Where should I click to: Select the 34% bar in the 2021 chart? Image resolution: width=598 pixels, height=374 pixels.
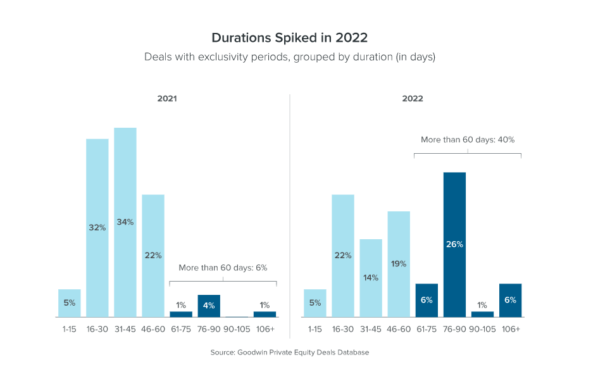point(125,222)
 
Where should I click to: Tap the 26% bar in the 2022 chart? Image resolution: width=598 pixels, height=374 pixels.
point(454,244)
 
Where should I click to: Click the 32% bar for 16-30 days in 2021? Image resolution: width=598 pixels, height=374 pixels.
point(97,228)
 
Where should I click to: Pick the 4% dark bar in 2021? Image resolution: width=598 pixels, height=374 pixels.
point(209,306)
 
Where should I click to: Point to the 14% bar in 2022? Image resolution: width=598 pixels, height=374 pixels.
point(371,278)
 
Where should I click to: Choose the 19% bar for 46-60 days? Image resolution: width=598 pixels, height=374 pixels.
point(399,264)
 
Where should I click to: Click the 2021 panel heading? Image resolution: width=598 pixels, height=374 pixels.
point(167,99)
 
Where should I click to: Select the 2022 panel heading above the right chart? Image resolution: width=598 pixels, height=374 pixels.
point(413,99)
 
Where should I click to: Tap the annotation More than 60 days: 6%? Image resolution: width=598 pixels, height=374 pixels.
point(223,268)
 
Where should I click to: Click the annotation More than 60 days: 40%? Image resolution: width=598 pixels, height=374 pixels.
point(468,139)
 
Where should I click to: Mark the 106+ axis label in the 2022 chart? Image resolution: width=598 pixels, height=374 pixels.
point(510,329)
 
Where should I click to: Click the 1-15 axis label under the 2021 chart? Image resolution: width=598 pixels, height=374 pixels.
point(69,329)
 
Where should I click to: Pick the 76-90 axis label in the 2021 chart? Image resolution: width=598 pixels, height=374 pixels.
point(209,329)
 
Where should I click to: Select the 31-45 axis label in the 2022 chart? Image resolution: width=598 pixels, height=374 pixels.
point(371,329)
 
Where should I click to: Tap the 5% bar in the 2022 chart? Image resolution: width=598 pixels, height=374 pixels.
point(315,303)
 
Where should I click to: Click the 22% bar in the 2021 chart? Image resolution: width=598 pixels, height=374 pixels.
point(153,256)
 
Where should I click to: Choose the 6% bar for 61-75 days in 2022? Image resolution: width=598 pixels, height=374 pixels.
point(427,300)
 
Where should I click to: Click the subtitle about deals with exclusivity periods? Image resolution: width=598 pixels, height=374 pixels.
point(289,57)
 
